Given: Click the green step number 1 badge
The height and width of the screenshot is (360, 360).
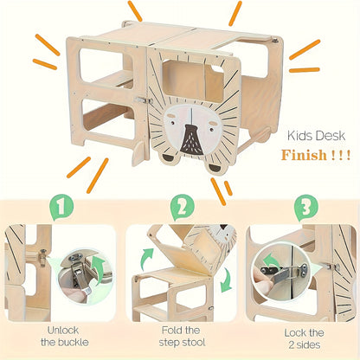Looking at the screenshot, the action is [61, 207].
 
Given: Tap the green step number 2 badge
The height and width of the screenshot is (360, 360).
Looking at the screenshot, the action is [183, 207].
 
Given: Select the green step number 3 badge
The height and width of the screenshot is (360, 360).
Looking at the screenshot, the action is [306, 207].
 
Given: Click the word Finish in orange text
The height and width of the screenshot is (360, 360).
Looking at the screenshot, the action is [304, 155].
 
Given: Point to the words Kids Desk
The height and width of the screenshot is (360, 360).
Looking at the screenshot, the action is [316, 136].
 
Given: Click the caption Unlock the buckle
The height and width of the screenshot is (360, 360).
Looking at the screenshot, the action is [64, 336].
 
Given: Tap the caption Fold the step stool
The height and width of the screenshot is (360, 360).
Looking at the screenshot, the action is [182, 336].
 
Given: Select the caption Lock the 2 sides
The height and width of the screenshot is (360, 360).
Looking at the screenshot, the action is [305, 338].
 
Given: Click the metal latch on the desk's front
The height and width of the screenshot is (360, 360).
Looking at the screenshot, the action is [144, 100].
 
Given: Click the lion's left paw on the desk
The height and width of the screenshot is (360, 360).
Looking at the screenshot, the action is [169, 157].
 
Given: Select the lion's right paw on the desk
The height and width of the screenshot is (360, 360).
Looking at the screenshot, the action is [215, 169].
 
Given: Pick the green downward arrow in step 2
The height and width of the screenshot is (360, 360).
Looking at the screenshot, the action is [226, 280].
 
